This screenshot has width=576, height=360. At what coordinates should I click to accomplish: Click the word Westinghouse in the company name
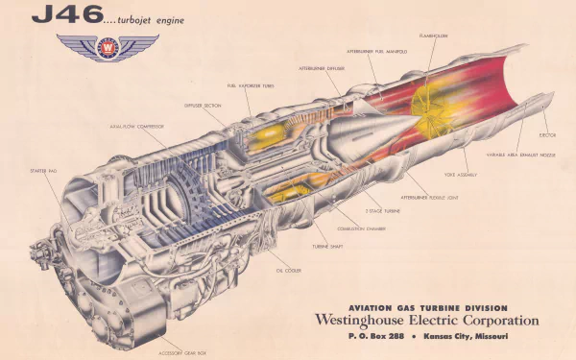pyautogui.click(x=371, y=320)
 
